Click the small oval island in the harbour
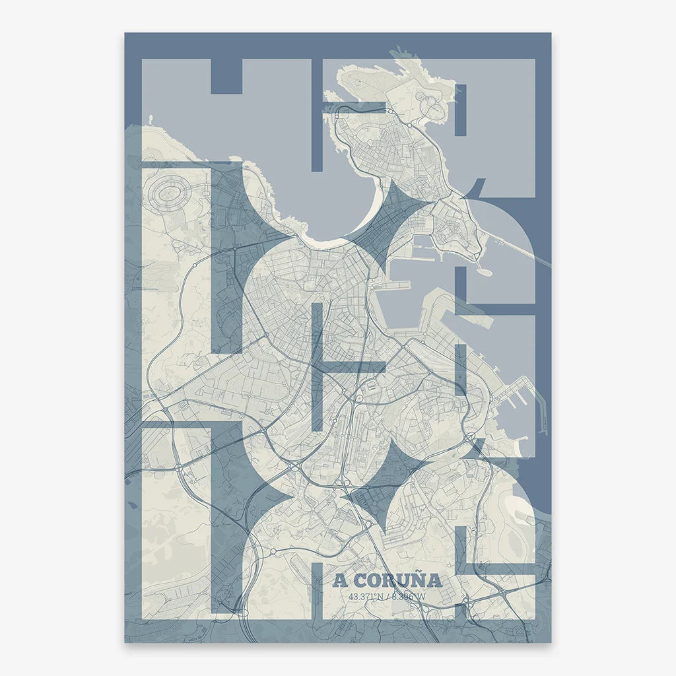[x=483, y=271]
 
